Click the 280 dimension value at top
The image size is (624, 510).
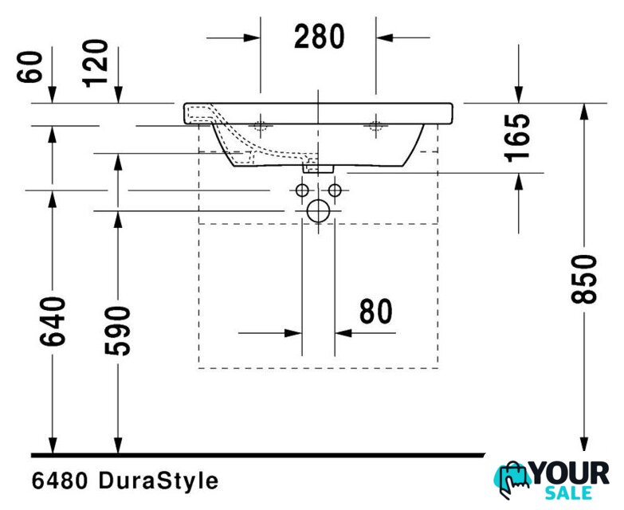pyautogui.click(x=319, y=37)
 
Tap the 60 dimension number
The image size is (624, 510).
pyautogui.click(x=29, y=67)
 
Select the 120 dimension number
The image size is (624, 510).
pyautogui.click(x=95, y=63)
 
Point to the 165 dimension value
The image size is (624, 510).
pyautogui.click(x=517, y=138)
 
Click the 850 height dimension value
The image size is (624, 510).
pyautogui.click(x=584, y=279)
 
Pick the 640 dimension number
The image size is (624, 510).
pyautogui.click(x=53, y=321)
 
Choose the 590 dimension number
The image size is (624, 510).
pyautogui.click(x=117, y=331)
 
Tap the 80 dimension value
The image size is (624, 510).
pyautogui.click(x=375, y=312)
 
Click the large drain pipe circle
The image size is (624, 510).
pyautogui.click(x=318, y=211)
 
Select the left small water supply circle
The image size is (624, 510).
pyautogui.click(x=302, y=190)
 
